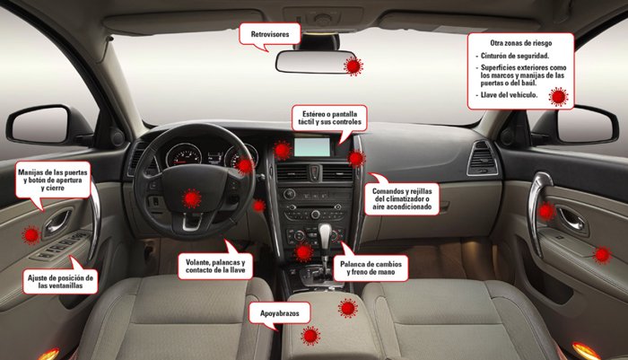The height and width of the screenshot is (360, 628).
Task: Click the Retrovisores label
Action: click(269, 34)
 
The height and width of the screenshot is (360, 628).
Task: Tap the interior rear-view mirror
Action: click(315, 62)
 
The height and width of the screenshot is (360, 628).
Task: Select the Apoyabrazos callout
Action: click(280, 313)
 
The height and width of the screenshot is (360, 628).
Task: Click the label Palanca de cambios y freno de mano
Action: click(371, 268)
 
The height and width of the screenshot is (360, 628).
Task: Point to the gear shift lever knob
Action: click(325, 233)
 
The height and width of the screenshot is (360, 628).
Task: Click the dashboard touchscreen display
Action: click(312, 147)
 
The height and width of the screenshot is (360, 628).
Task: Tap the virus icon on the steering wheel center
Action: click(191, 198)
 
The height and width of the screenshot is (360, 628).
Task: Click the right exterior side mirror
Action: click(588, 125)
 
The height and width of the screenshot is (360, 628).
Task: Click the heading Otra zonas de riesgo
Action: click(520, 43)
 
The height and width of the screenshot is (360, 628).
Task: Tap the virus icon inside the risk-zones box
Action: click(558, 97)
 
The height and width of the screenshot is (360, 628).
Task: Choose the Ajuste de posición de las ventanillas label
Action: click(60, 281)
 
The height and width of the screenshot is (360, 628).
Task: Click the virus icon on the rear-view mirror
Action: click(353, 66)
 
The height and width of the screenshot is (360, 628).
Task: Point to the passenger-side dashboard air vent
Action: click(483, 158)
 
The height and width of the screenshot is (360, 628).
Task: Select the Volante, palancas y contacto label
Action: click(215, 267)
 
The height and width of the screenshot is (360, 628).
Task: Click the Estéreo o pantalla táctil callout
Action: click(329, 118)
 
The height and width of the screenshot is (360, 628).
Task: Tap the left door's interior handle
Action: click(57, 223)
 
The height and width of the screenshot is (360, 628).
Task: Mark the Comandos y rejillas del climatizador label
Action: click(402, 198)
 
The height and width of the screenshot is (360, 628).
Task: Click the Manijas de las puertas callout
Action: click(53, 180)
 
